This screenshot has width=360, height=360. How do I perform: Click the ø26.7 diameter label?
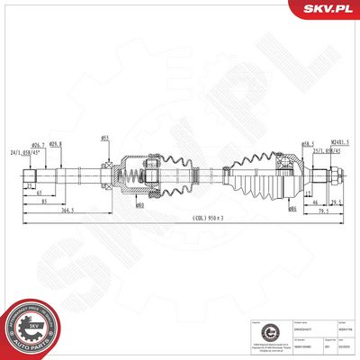(x=38, y=145)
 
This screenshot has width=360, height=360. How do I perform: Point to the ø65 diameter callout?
(x=105, y=138)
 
